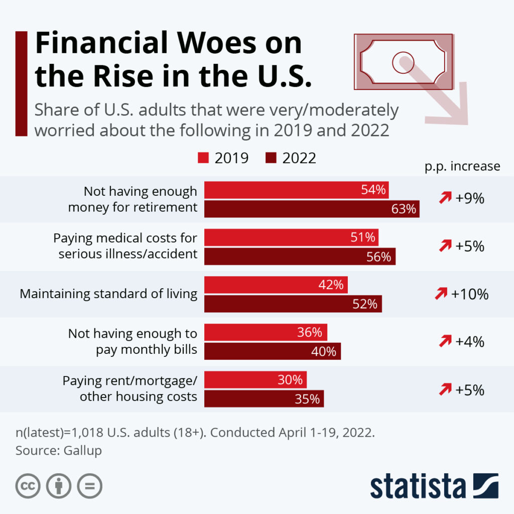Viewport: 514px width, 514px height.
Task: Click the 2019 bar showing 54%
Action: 296,190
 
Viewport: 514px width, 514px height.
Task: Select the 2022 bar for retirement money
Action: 311,209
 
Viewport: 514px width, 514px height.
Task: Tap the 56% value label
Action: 379,256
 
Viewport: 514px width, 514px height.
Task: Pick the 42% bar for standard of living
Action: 276,285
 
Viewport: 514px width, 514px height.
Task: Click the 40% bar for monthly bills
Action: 272,351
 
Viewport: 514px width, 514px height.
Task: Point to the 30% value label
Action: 290,380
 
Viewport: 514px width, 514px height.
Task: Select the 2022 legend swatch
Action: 271,159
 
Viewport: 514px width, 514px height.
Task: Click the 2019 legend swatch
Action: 203,159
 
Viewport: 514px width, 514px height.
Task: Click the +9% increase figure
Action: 469,199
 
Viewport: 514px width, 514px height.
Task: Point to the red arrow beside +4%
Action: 445,342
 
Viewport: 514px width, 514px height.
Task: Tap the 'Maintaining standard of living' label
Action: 108,294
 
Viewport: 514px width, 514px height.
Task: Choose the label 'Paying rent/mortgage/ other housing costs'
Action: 130,389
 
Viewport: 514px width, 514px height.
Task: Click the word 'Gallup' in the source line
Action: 82,450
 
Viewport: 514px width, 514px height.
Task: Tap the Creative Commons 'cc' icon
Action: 28,486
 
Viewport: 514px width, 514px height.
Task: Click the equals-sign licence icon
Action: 89,486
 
